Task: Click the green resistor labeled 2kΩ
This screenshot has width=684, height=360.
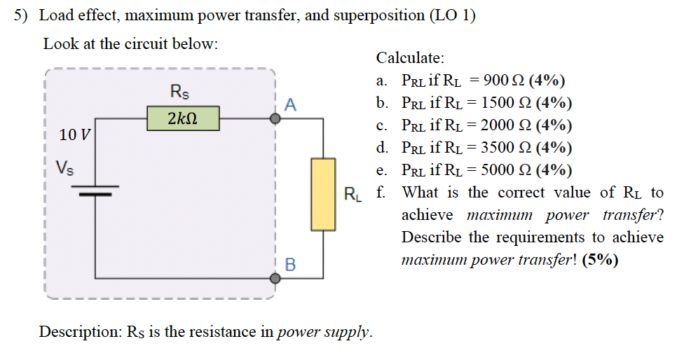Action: point(183,118)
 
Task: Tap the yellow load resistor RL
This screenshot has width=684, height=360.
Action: point(323,194)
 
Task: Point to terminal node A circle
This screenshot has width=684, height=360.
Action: point(276,119)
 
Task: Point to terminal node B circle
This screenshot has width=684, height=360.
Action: point(276,278)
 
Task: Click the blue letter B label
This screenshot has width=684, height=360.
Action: point(291,265)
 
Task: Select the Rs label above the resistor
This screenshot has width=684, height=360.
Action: point(180,91)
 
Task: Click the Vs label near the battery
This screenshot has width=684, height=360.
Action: point(67,168)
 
